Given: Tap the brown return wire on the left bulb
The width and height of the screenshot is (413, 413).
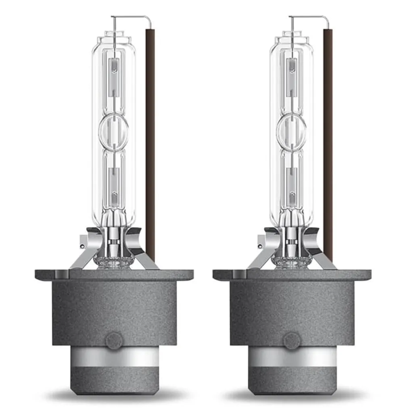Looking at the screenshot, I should [x=150, y=141].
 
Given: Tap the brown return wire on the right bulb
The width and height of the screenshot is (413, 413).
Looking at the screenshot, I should [x=328, y=141].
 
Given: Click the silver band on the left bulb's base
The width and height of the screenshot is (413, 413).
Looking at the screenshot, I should [x=114, y=357].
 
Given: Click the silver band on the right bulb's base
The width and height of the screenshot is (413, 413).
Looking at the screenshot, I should [x=292, y=357].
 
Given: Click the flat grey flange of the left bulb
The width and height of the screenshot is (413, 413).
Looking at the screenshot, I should [x=114, y=275].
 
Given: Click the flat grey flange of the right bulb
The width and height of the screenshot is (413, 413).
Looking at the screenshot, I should [x=292, y=275].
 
